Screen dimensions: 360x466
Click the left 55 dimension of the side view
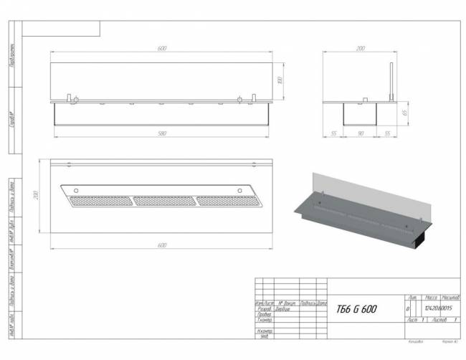coord(333,133)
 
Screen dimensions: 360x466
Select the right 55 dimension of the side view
coord(386,133)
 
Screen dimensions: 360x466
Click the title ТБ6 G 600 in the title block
coord(356,309)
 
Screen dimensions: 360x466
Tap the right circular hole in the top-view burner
coord(240,189)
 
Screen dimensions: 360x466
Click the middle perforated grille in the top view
coord(164,200)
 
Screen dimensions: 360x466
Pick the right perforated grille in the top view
coord(225,200)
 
